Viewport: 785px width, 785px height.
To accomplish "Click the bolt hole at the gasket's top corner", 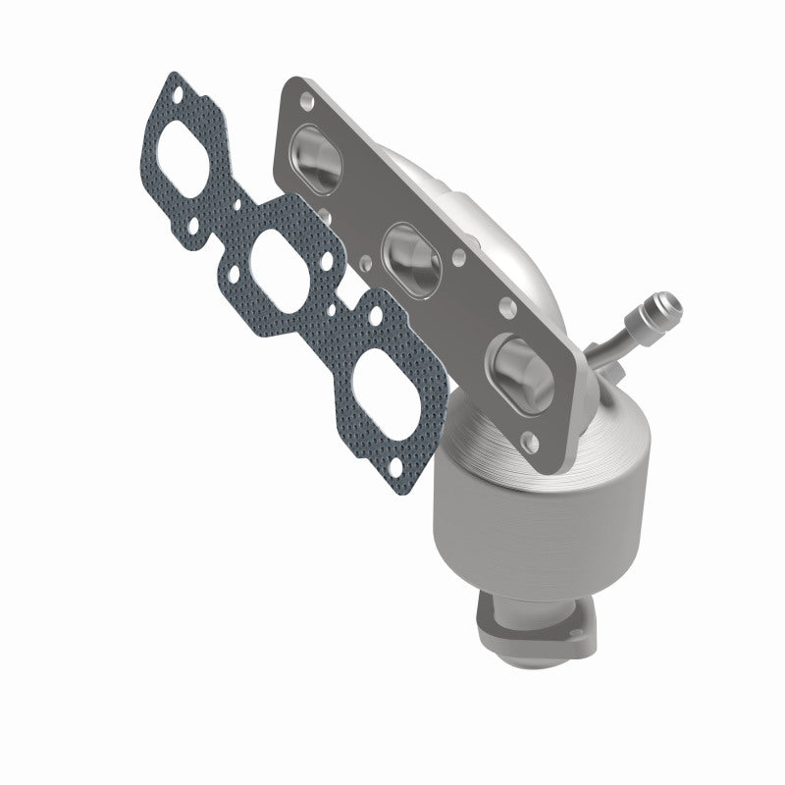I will pos(175,95).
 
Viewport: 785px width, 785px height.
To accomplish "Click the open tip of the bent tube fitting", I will pos(672,299).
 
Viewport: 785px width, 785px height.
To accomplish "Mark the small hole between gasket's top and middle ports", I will pos(238,205).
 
